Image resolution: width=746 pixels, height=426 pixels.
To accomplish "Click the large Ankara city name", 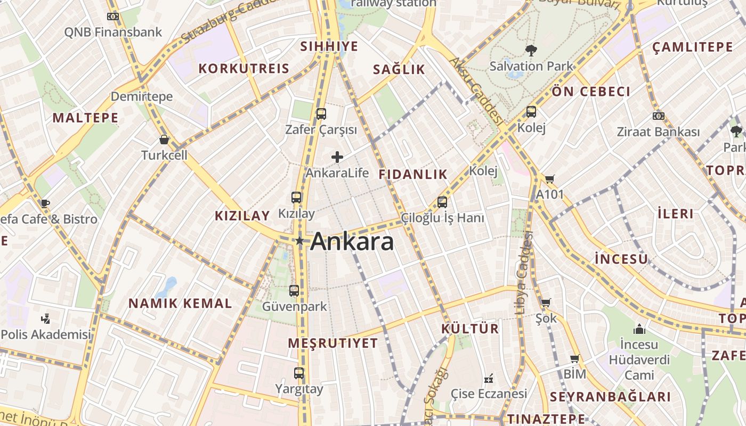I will (x=352, y=241).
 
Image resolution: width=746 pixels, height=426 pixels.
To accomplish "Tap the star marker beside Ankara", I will (x=299, y=241).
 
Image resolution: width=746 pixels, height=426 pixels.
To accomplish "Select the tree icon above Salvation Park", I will (x=531, y=51).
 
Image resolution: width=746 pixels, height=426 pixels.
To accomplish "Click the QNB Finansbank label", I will (x=113, y=32).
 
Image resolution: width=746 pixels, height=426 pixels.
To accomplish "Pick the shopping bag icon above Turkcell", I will (x=164, y=140).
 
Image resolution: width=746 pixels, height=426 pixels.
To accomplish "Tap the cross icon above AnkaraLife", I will (x=337, y=157).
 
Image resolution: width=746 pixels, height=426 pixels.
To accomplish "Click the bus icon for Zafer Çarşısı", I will (x=321, y=113).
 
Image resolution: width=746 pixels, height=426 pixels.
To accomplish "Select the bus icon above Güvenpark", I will (x=294, y=291).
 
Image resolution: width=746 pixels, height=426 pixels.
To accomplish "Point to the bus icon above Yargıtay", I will (x=299, y=373).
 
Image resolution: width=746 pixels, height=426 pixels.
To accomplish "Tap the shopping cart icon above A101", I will (x=549, y=179).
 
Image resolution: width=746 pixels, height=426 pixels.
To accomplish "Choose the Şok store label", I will (x=546, y=318).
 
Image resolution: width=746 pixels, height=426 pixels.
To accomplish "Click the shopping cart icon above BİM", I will (x=574, y=358).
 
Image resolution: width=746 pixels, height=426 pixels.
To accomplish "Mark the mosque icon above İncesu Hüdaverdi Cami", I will (x=639, y=329).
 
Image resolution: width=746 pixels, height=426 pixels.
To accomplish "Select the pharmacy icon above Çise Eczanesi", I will (x=488, y=379).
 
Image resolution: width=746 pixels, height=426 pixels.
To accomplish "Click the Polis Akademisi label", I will (x=46, y=334).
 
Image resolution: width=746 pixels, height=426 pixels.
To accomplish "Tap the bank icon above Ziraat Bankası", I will (x=658, y=116).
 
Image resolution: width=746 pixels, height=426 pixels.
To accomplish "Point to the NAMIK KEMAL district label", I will (x=180, y=304).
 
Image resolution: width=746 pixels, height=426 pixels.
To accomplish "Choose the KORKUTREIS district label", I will (x=244, y=68).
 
